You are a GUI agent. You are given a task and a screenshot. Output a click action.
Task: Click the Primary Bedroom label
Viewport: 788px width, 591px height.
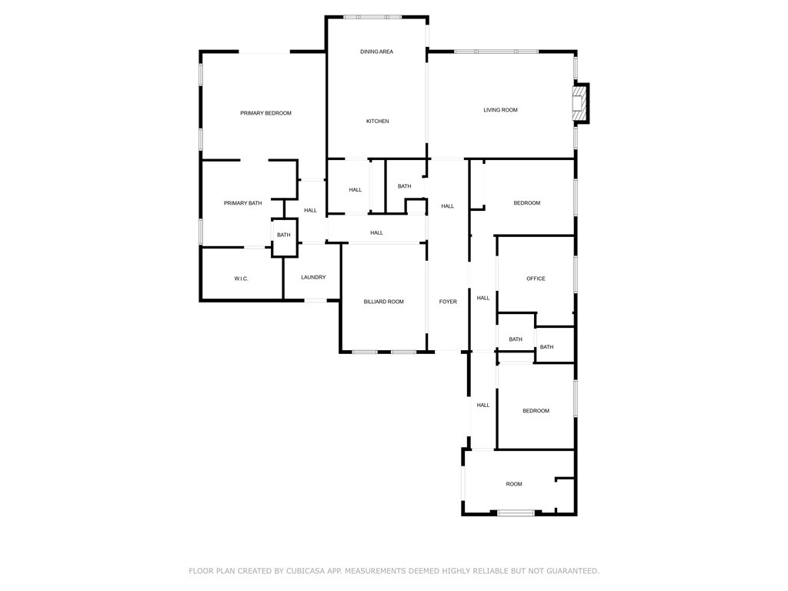[265, 113]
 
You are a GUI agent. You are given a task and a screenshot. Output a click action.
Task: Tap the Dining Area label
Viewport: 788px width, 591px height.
[376, 52]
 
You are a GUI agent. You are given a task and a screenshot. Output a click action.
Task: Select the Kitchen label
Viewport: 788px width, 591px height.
[377, 121]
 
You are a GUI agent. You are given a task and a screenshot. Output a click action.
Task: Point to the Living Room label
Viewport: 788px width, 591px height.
[500, 110]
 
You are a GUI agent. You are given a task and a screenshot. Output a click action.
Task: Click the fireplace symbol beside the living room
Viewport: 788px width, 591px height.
[579, 103]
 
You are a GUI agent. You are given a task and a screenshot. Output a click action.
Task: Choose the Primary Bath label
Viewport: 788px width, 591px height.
[242, 203]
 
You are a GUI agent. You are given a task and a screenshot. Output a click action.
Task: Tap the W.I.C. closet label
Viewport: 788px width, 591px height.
[241, 279]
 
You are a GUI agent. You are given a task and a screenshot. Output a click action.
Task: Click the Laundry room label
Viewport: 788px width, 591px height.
[313, 277]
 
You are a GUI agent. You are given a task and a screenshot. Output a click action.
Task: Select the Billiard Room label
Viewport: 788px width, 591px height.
[383, 302]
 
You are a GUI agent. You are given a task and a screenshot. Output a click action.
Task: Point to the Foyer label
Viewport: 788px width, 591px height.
[448, 302]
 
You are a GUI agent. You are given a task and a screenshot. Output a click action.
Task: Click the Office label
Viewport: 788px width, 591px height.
[536, 279]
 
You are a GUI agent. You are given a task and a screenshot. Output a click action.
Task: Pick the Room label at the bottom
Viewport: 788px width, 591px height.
[514, 484]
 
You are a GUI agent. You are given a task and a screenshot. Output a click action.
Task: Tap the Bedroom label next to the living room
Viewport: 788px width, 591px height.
[527, 203]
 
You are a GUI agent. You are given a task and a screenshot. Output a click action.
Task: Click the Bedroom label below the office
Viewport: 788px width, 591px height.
[536, 411]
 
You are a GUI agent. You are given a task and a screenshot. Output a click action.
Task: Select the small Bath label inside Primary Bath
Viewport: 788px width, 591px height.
[284, 235]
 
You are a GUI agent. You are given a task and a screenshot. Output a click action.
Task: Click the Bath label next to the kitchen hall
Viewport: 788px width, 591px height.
[404, 186]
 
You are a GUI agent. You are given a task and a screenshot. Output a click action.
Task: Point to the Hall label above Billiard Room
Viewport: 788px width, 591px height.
[376, 232]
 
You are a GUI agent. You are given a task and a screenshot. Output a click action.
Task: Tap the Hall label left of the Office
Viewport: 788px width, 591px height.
[483, 298]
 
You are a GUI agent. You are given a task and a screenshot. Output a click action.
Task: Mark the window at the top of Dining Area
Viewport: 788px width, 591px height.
[372, 16]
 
